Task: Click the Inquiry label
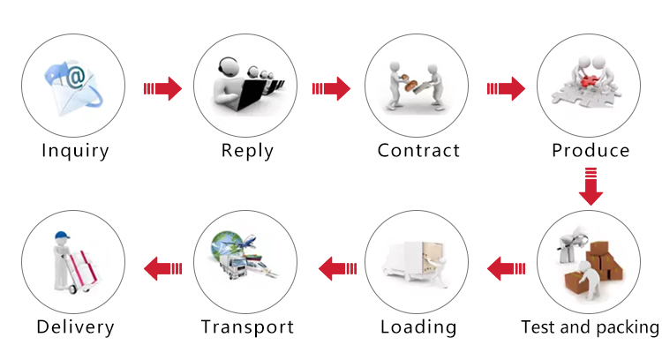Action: click(76, 150)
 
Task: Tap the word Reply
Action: click(247, 150)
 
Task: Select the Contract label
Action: click(418, 150)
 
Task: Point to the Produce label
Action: click(591, 150)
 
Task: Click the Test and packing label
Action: click(590, 327)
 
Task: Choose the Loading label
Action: click(418, 327)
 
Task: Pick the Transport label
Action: click(247, 327)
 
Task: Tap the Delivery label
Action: click(76, 327)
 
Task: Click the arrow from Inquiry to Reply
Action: click(162, 88)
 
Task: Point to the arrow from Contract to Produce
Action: click(506, 88)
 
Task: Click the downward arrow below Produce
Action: click(591, 186)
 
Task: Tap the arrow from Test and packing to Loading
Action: click(507, 266)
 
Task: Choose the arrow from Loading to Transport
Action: click(336, 266)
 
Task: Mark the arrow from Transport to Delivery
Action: click(163, 266)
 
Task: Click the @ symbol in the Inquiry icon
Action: click(76, 78)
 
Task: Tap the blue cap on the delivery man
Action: click(61, 236)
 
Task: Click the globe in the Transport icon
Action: click(224, 243)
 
